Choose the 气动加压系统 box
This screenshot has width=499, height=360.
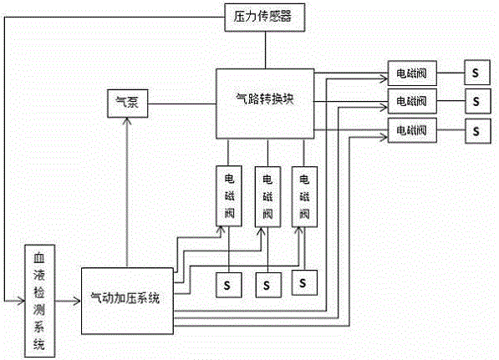tap(126, 298)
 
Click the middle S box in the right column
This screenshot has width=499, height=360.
tap(475, 102)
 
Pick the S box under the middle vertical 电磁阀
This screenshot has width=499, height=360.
tap(267, 285)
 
